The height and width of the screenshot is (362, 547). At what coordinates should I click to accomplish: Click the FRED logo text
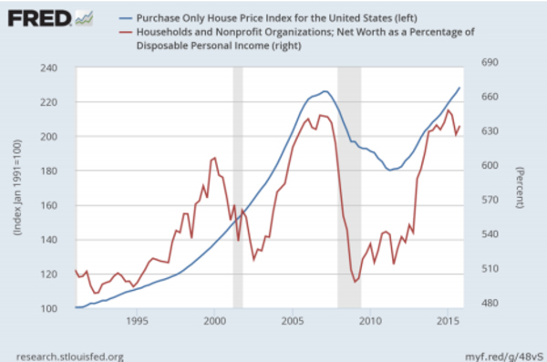(x=39, y=18)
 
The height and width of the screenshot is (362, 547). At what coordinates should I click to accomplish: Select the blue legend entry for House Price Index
(x=268, y=18)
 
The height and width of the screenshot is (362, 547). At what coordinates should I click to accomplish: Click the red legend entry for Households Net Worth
(x=296, y=38)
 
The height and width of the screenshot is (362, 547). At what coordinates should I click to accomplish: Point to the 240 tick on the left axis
(x=48, y=67)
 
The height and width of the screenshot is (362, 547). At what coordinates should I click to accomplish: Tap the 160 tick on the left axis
(x=48, y=205)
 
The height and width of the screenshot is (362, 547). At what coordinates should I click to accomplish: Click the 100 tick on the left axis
(x=48, y=308)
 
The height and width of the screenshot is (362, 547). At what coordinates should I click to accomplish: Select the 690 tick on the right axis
(x=490, y=62)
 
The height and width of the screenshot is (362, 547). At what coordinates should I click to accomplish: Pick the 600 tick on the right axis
(x=490, y=165)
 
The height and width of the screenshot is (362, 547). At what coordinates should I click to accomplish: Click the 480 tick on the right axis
(x=490, y=303)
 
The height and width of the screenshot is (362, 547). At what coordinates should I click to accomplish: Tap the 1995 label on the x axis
(x=137, y=321)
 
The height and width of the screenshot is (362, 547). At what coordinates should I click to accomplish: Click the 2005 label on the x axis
(x=293, y=321)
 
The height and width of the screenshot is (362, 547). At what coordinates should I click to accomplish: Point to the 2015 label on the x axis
(x=448, y=321)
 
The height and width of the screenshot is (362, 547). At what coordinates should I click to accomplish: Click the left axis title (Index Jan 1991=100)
(x=17, y=188)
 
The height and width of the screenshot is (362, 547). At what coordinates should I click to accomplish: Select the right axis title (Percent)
(x=520, y=188)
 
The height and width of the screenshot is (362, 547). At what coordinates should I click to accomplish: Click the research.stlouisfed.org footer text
(x=70, y=357)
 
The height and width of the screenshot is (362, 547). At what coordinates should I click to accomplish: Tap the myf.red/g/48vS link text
(x=504, y=357)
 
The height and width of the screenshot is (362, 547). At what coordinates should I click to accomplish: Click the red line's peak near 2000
(x=215, y=158)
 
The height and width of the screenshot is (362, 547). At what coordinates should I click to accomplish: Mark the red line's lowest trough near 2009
(x=356, y=282)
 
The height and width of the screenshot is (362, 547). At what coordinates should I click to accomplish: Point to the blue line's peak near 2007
(x=325, y=91)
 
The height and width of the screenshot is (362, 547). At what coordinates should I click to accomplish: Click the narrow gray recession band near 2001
(x=238, y=188)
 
